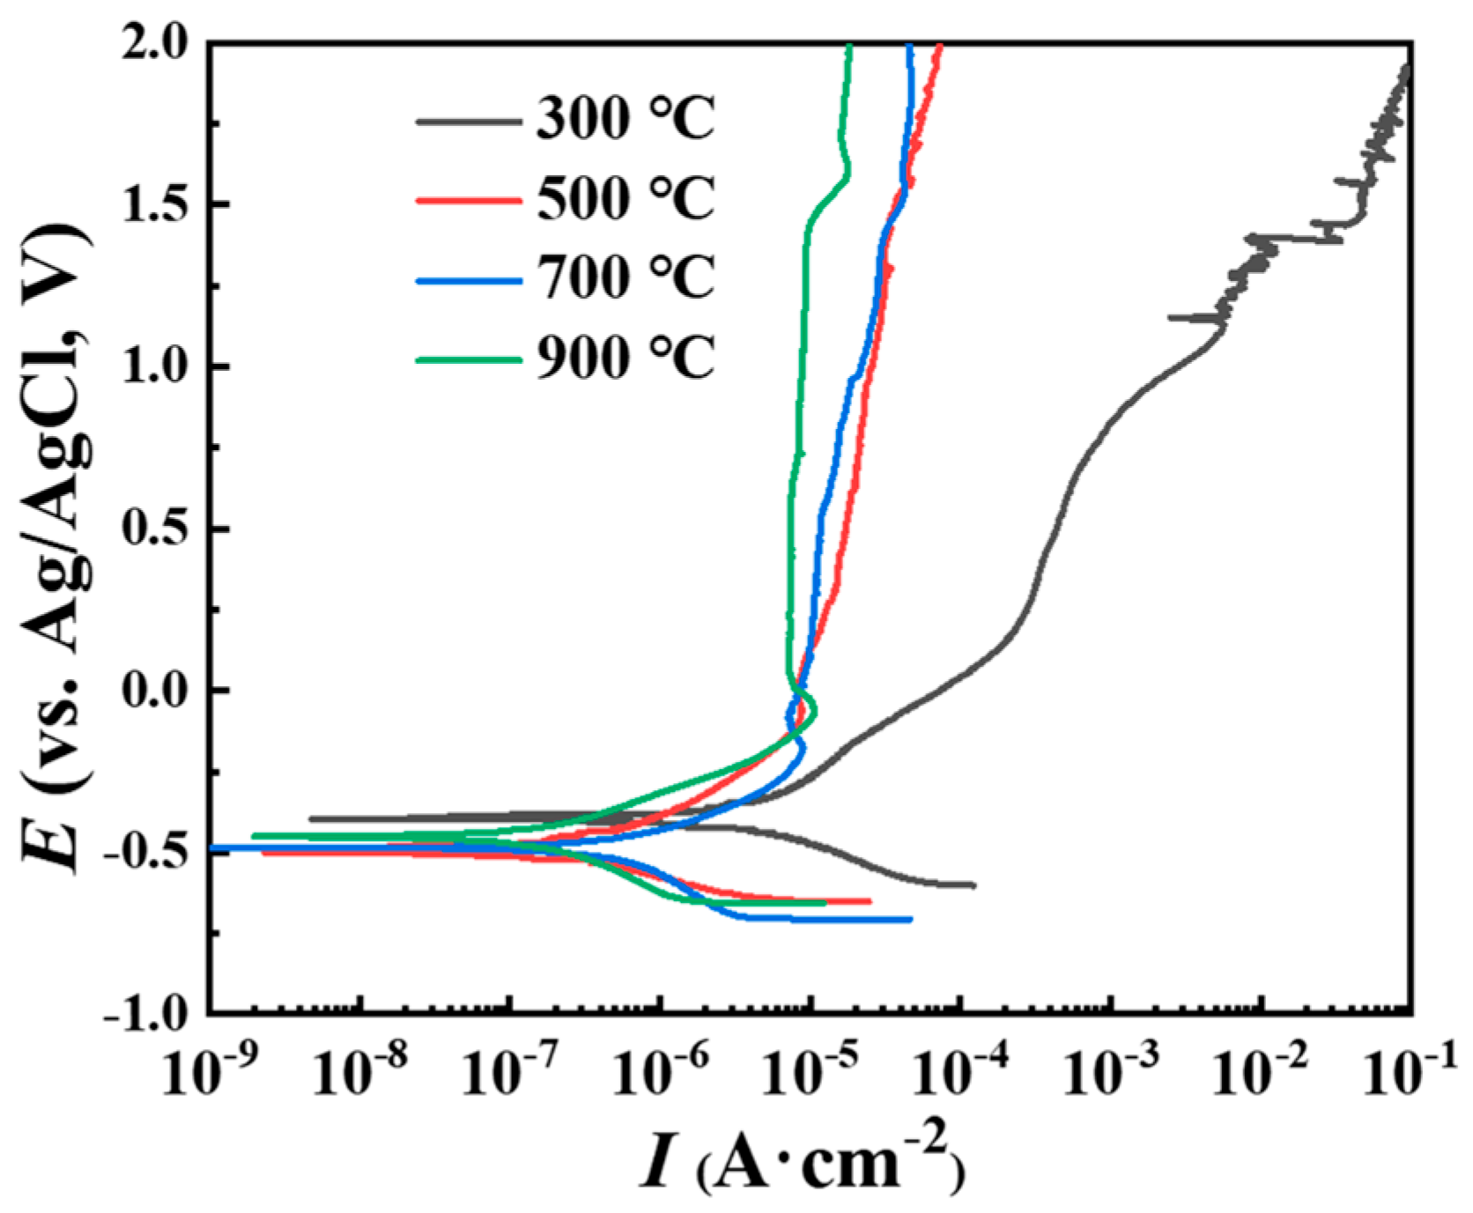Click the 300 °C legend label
tap(625, 119)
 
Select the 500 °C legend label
tap(625, 199)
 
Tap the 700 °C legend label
tap(625, 278)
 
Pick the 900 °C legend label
tap(625, 359)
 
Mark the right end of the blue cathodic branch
tap(910, 919)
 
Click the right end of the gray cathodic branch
tap(974, 884)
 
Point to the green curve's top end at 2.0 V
tap(849, 46)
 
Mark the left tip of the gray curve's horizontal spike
tap(1170, 317)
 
